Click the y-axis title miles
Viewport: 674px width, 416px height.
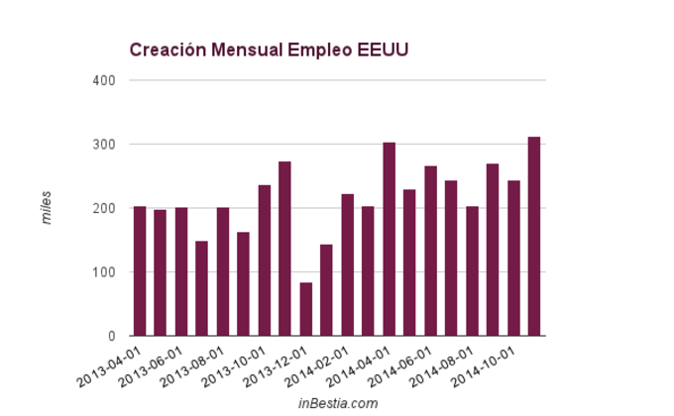[47, 208]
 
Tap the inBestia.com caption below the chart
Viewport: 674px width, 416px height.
[338, 403]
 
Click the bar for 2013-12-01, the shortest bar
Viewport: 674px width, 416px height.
[306, 309]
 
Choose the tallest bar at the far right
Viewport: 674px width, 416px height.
[534, 237]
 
